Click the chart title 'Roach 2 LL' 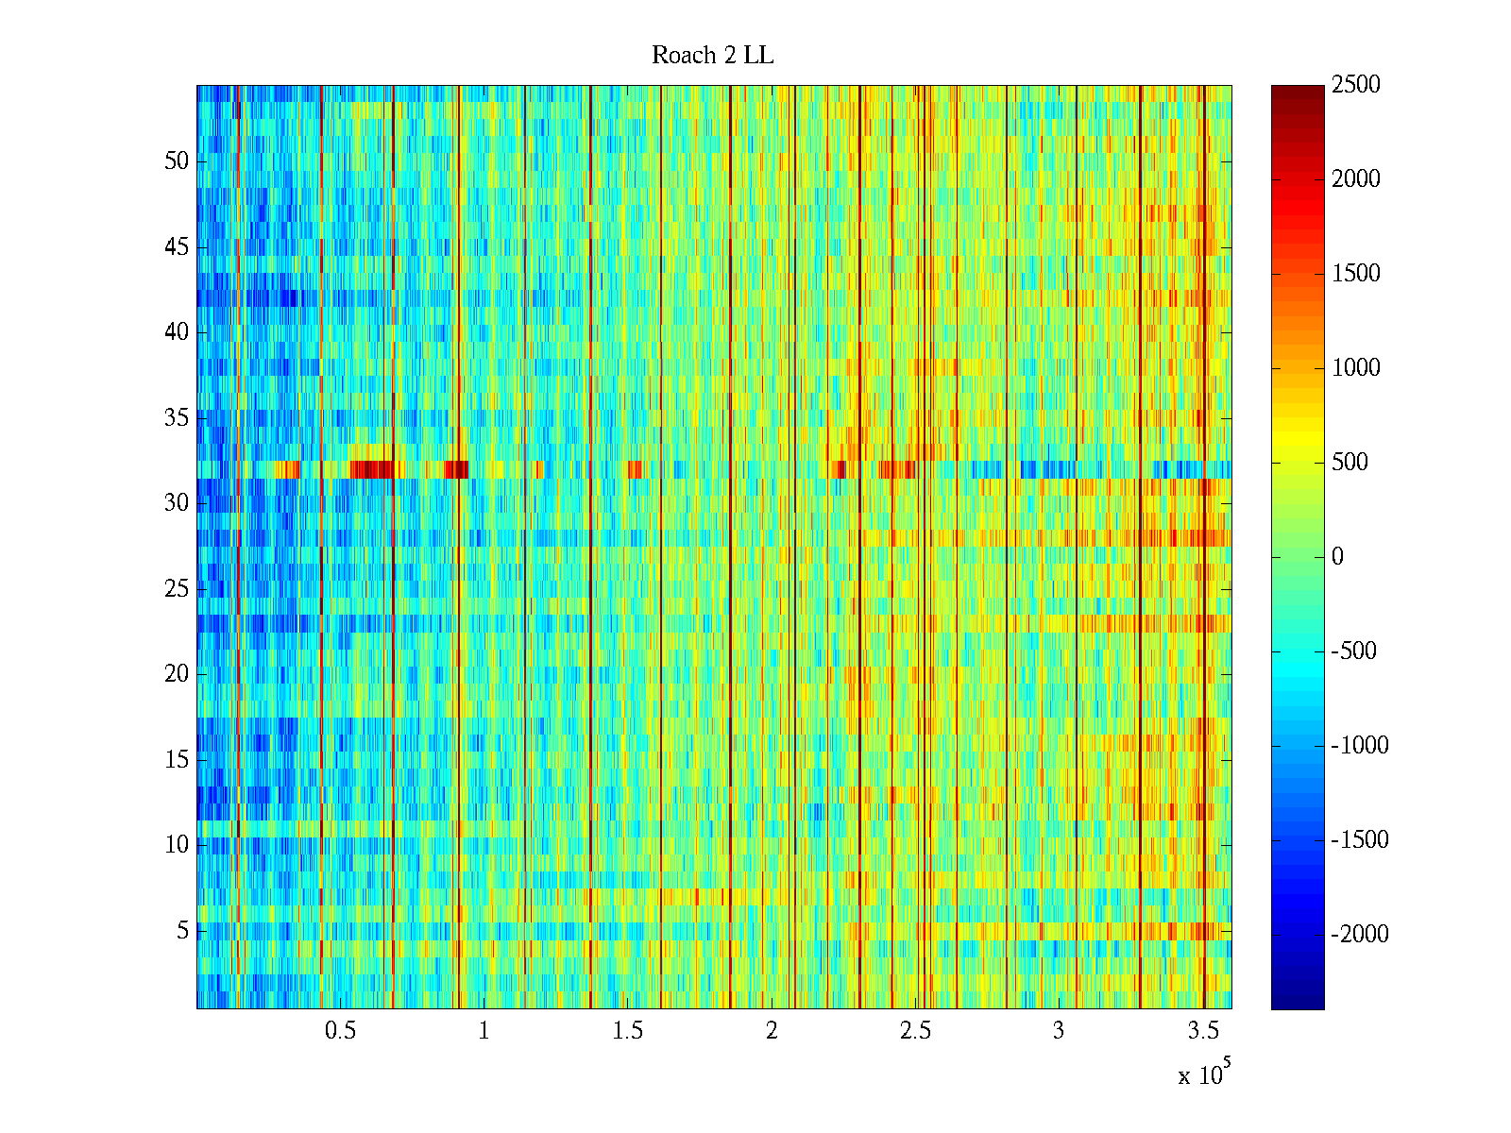point(712,56)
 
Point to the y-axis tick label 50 point(177,161)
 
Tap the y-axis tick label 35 point(177,418)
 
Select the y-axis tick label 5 point(182,931)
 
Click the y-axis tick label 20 point(177,674)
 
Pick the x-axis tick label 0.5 point(340,1031)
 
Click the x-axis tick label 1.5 point(627,1031)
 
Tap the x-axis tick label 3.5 point(1202,1031)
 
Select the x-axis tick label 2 point(772,1031)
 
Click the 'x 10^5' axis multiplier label point(1203,1074)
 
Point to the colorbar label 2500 point(1356,85)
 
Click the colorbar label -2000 point(1360,935)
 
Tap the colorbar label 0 point(1337,557)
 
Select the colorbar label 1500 point(1356,274)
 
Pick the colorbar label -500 point(1354,651)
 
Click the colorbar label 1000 point(1356,368)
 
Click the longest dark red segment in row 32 point(371,469)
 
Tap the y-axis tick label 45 point(177,247)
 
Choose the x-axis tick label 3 point(1059,1031)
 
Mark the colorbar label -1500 point(1360,840)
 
